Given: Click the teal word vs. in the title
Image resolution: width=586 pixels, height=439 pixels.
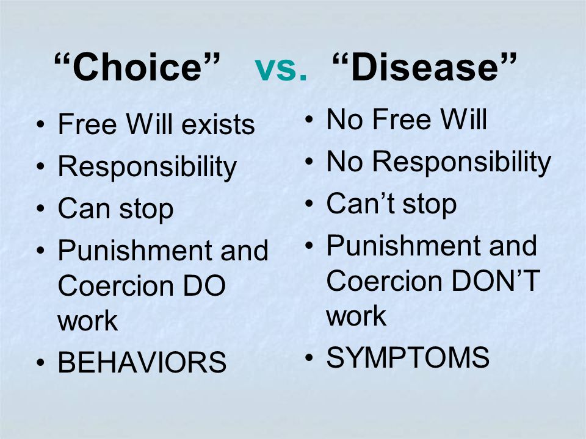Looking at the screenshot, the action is (281, 69).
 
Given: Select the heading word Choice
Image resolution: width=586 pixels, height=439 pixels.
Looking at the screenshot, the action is (137, 66).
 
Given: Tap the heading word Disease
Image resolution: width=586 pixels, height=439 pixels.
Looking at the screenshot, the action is (425, 66).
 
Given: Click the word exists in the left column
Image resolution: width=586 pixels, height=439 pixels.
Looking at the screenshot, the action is (218, 124).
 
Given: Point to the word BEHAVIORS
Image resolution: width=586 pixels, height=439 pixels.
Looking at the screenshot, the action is (142, 362).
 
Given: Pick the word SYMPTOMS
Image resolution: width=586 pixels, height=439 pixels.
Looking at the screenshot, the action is (408, 357).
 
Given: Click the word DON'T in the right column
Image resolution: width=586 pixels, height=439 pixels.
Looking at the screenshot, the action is (496, 280).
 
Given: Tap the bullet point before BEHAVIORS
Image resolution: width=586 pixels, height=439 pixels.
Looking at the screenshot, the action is (40, 362).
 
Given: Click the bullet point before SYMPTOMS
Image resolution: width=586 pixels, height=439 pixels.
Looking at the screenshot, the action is (309, 357).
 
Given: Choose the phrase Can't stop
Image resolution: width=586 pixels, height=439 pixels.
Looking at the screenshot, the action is (391, 204).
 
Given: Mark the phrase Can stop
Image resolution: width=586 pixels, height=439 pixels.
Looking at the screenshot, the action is (115, 209).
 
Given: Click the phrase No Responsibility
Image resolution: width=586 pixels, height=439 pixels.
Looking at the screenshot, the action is (439, 162).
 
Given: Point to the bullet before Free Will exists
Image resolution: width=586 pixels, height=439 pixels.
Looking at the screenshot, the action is (40, 124).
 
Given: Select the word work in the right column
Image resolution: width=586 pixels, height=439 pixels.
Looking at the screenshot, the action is (356, 316).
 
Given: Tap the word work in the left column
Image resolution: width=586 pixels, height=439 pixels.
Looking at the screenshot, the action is (87, 321).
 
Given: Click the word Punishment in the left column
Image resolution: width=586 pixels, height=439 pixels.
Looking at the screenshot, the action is (136, 250).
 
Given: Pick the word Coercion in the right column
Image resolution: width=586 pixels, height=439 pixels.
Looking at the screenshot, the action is (384, 280).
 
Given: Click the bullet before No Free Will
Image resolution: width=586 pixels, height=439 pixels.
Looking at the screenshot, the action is (309, 120).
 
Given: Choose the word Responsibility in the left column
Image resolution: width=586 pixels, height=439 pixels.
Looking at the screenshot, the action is (147, 167).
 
